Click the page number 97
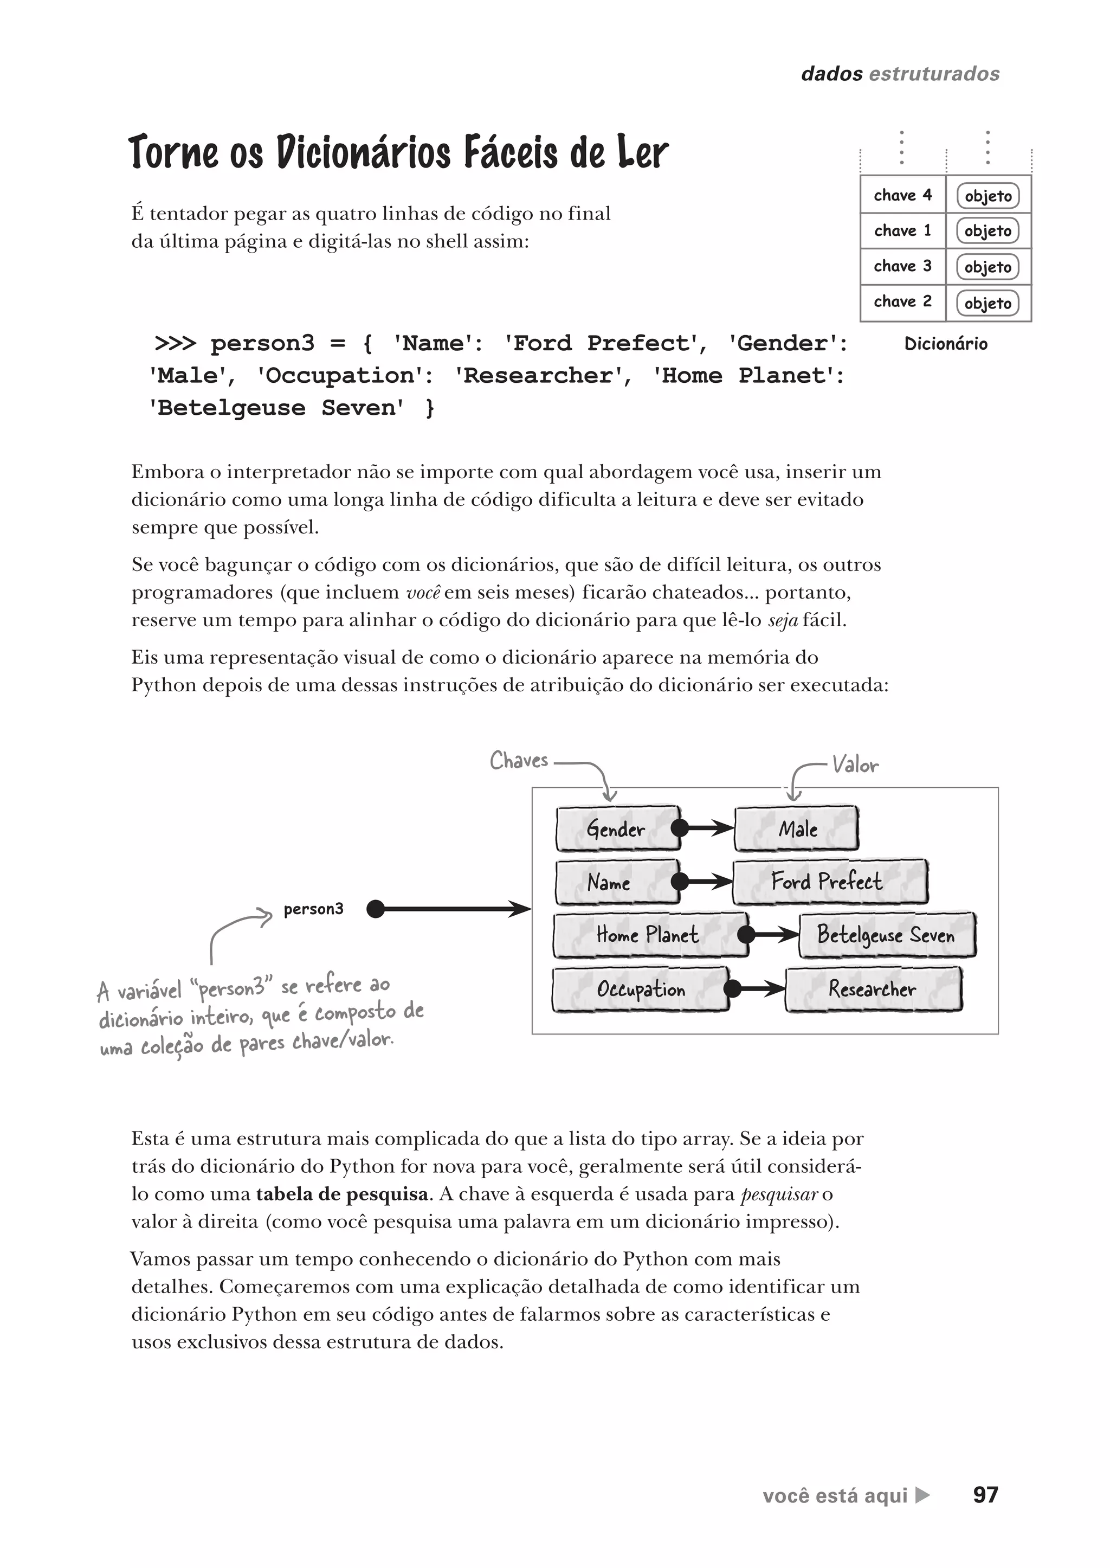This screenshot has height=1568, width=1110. [x=985, y=1495]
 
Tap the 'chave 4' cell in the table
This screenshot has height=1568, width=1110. [x=902, y=195]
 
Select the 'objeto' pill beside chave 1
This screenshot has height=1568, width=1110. [x=988, y=231]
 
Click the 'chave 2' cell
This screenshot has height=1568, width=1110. [x=902, y=301]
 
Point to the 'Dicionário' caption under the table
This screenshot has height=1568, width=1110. [x=945, y=344]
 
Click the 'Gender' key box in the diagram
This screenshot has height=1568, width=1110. [x=616, y=829]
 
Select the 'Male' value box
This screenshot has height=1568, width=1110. [x=797, y=829]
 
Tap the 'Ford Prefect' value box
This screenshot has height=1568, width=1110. [x=829, y=882]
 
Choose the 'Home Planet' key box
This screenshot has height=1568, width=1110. [x=648, y=934]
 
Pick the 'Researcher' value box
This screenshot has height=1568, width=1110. [x=873, y=989]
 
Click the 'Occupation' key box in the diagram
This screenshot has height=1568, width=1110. [x=641, y=989]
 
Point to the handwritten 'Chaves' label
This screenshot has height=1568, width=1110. [x=519, y=760]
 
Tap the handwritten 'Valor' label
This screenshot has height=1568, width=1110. [x=855, y=765]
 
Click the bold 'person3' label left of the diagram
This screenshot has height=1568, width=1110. [x=313, y=909]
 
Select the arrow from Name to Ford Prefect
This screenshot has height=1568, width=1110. [x=707, y=882]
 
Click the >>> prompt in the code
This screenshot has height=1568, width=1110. [x=176, y=343]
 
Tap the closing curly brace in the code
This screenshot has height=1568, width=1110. [x=429, y=408]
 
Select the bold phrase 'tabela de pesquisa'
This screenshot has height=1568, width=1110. [x=343, y=1194]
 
